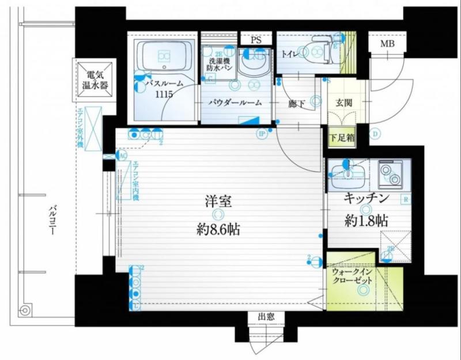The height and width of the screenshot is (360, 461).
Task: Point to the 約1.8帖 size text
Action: tap(366, 220)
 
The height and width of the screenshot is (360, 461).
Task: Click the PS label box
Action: tap(256, 41)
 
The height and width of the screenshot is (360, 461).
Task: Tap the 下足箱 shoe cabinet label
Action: tap(342, 138)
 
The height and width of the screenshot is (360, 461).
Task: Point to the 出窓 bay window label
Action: tap(266, 317)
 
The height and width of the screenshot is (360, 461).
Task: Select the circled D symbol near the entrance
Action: tap(375, 135)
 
